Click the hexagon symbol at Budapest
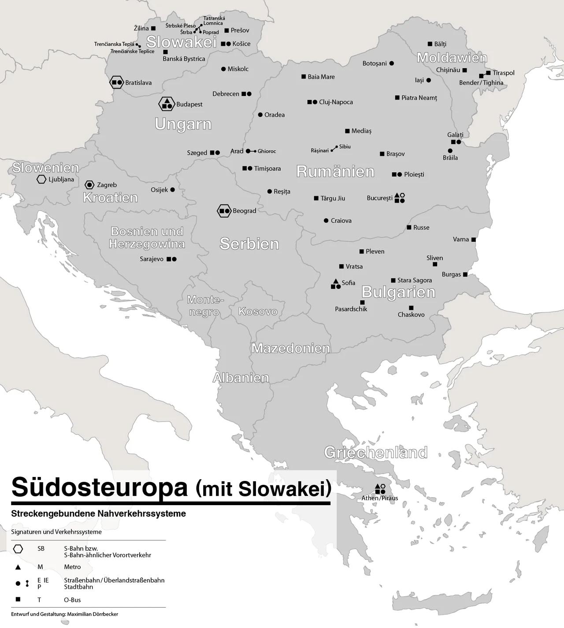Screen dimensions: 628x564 tap(167, 104)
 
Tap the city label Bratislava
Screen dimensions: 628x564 tap(138, 83)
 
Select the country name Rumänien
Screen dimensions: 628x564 tap(335, 171)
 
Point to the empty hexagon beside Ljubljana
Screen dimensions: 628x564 tap(41, 179)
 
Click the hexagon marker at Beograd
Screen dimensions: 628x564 tap(224, 211)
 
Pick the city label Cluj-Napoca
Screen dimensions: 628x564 tap(336, 102)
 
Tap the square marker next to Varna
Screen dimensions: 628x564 tap(474, 240)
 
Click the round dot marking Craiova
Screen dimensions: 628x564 tap(326, 221)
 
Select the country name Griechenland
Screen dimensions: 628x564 tap(375, 452)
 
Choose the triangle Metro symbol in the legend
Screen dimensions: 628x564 tap(18, 567)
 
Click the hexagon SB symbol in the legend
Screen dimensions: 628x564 tap(18, 549)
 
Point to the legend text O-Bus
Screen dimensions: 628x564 tap(72, 600)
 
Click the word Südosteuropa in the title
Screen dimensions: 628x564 tap(99, 487)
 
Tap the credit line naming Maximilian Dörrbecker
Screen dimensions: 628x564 tap(65, 614)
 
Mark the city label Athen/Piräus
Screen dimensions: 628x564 tap(379, 498)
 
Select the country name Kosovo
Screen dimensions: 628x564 tap(258, 311)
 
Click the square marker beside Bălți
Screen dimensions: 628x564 tap(430, 44)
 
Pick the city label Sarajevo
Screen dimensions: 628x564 tap(152, 259)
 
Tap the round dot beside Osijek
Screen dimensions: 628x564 tap(172, 190)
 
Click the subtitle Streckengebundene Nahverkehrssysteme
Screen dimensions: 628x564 tap(99, 513)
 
